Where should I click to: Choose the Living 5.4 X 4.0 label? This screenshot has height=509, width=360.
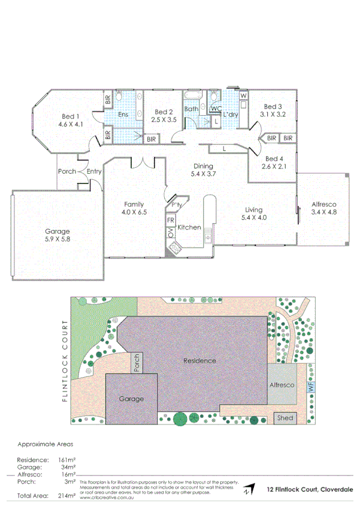click(254, 213)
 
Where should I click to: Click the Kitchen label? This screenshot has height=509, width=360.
click(189, 227)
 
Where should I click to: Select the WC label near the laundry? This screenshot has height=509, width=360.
click(216, 109)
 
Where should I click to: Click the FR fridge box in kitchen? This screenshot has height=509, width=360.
click(170, 220)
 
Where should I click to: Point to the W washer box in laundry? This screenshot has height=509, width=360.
click(243, 95)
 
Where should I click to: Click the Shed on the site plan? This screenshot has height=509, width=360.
click(285, 417)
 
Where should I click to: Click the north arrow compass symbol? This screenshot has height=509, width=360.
click(249, 490)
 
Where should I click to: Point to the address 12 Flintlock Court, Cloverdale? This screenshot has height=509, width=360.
click(310, 490)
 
